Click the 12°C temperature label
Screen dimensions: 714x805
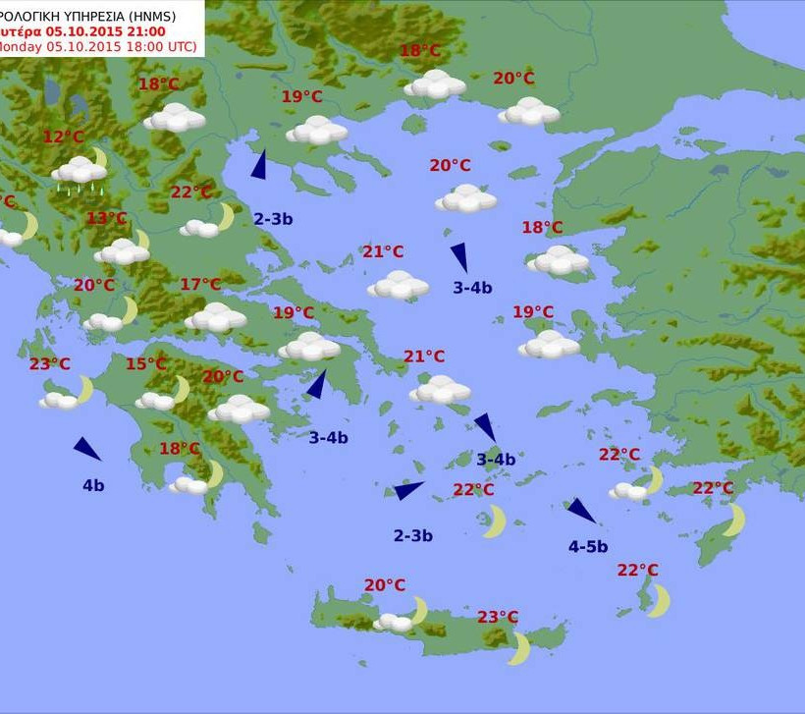pyautogui.click(x=64, y=137)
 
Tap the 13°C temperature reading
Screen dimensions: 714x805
pyautogui.click(x=107, y=218)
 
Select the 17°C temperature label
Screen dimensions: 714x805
pyautogui.click(x=200, y=285)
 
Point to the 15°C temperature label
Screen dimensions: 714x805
pyautogui.click(x=145, y=364)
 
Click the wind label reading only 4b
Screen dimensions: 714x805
pyautogui.click(x=93, y=484)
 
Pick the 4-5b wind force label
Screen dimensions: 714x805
pyautogui.click(x=588, y=546)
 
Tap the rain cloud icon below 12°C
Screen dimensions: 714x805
pyautogui.click(x=80, y=172)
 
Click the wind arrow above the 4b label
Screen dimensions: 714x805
pyautogui.click(x=87, y=449)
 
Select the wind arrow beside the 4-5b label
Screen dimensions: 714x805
pyautogui.click(x=580, y=510)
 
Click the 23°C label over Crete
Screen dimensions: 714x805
pyautogui.click(x=498, y=617)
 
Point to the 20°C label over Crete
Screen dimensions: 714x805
pyautogui.click(x=385, y=585)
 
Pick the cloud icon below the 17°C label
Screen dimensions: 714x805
pyautogui.click(x=215, y=317)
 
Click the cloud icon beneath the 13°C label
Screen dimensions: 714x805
pyautogui.click(x=123, y=250)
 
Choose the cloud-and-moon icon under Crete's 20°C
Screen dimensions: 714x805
pyautogui.click(x=402, y=618)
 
